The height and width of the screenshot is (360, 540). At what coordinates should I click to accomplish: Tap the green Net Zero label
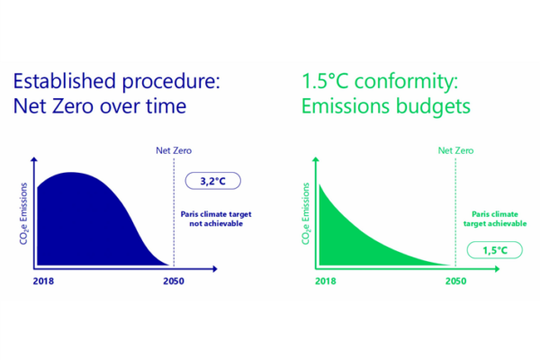[456, 150]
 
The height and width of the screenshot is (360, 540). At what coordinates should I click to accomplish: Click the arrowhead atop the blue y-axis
[33, 160]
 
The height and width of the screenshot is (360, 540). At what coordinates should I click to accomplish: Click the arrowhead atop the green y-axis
[316, 160]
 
